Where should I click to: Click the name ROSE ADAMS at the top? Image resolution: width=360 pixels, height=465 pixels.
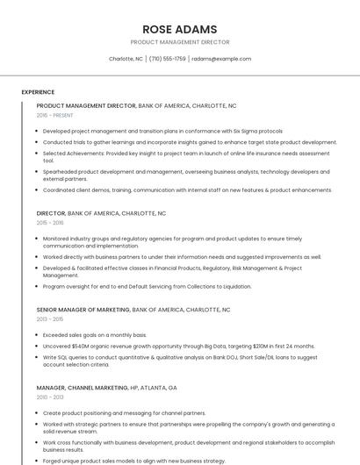[179, 28]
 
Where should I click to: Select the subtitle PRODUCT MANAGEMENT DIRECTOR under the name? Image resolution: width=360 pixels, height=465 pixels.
[179, 42]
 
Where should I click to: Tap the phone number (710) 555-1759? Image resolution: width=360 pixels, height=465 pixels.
[167, 59]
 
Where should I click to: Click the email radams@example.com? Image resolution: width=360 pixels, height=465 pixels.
[221, 59]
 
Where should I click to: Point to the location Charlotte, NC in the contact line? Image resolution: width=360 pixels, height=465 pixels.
[126, 59]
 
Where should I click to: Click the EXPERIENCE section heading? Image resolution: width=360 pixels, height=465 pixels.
[38, 91]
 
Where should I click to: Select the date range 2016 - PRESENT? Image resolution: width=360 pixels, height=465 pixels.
[55, 115]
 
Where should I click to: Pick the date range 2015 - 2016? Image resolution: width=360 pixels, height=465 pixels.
[50, 223]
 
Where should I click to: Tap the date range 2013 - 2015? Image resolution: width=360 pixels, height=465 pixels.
[50, 319]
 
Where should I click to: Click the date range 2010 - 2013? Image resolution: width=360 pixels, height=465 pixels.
[50, 397]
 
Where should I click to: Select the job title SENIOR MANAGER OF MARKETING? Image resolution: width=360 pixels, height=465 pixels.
[83, 310]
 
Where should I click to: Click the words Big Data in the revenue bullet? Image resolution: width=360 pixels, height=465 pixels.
[215, 346]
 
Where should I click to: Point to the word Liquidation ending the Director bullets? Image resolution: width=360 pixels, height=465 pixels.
[234, 286]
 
